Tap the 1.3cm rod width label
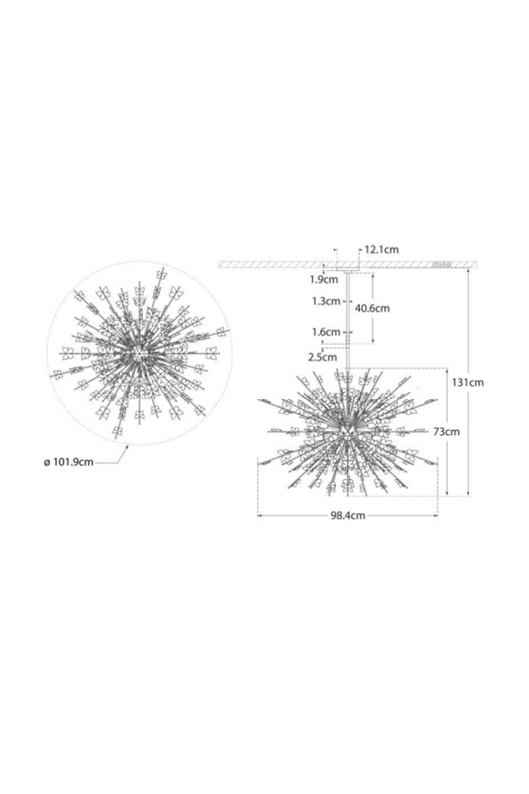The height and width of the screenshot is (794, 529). (x=325, y=301)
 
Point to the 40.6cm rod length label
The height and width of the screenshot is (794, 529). (x=372, y=308)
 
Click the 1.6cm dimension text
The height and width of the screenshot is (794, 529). (x=325, y=332)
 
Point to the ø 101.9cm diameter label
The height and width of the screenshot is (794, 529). (x=68, y=463)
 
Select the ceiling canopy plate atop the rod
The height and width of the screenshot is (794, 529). (x=348, y=271)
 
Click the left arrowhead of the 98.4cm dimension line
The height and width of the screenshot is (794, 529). (x=260, y=515)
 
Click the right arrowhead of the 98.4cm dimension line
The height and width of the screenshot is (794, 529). (x=436, y=515)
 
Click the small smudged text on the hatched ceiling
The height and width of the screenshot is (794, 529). (x=441, y=264)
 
